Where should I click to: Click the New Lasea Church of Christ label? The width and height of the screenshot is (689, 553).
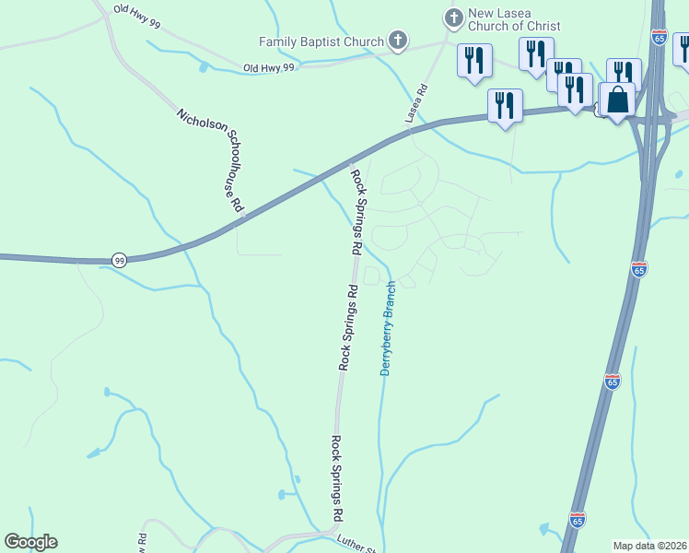tap(514, 21)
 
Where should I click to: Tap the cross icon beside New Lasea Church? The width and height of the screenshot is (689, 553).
tap(452, 18)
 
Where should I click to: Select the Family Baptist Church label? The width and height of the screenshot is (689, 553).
tap(321, 41)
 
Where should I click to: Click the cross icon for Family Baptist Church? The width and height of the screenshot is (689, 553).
tap(397, 41)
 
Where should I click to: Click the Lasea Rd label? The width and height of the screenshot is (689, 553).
tap(416, 104)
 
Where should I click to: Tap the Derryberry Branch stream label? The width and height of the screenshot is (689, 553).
tap(388, 328)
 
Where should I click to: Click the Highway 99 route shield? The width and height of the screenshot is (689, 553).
tap(119, 261)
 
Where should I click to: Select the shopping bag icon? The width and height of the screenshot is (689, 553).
tap(619, 99)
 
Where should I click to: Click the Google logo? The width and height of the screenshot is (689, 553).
tap(30, 542)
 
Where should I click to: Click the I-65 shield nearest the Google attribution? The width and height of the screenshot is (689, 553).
tap(578, 520)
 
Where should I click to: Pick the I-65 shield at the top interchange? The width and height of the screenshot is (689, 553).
tap(659, 37)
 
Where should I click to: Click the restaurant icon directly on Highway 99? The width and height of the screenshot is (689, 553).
tap(505, 105)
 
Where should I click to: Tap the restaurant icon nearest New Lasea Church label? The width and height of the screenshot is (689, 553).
tap(474, 61)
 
